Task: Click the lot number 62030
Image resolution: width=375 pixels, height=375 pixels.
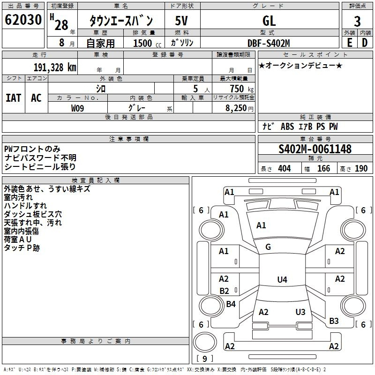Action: coord(23,20)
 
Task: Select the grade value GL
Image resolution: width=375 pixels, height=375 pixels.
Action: coord(269,21)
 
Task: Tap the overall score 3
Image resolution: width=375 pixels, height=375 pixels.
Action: coord(357,22)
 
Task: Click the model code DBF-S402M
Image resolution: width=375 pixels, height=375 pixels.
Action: coord(269,43)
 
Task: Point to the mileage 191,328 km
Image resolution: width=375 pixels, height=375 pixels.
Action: coord(55,67)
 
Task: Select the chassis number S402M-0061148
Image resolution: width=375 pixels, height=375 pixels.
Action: coord(315,149)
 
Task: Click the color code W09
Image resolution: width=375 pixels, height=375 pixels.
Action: coord(77,108)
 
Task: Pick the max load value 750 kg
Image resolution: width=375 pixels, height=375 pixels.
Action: coord(241,89)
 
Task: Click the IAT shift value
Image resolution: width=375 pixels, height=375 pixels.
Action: coord(14,98)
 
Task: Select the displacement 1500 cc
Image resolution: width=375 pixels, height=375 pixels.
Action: coord(147,43)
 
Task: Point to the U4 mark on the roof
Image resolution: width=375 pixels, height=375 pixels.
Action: coord(282,279)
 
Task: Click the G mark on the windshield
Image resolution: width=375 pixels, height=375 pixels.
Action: coord(268,247)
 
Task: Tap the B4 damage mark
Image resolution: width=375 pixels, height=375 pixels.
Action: coord(231,304)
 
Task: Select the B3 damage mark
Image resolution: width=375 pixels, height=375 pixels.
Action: coord(334,321)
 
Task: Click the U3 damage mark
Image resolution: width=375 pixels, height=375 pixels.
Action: coord(300,312)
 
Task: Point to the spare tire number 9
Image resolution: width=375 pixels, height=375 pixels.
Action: coord(205,359)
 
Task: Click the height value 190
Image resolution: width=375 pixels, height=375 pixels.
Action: coord(361,169)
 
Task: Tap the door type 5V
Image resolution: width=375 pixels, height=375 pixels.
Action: coord(181,21)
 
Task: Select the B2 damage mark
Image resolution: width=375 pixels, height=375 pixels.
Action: coord(225,291)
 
